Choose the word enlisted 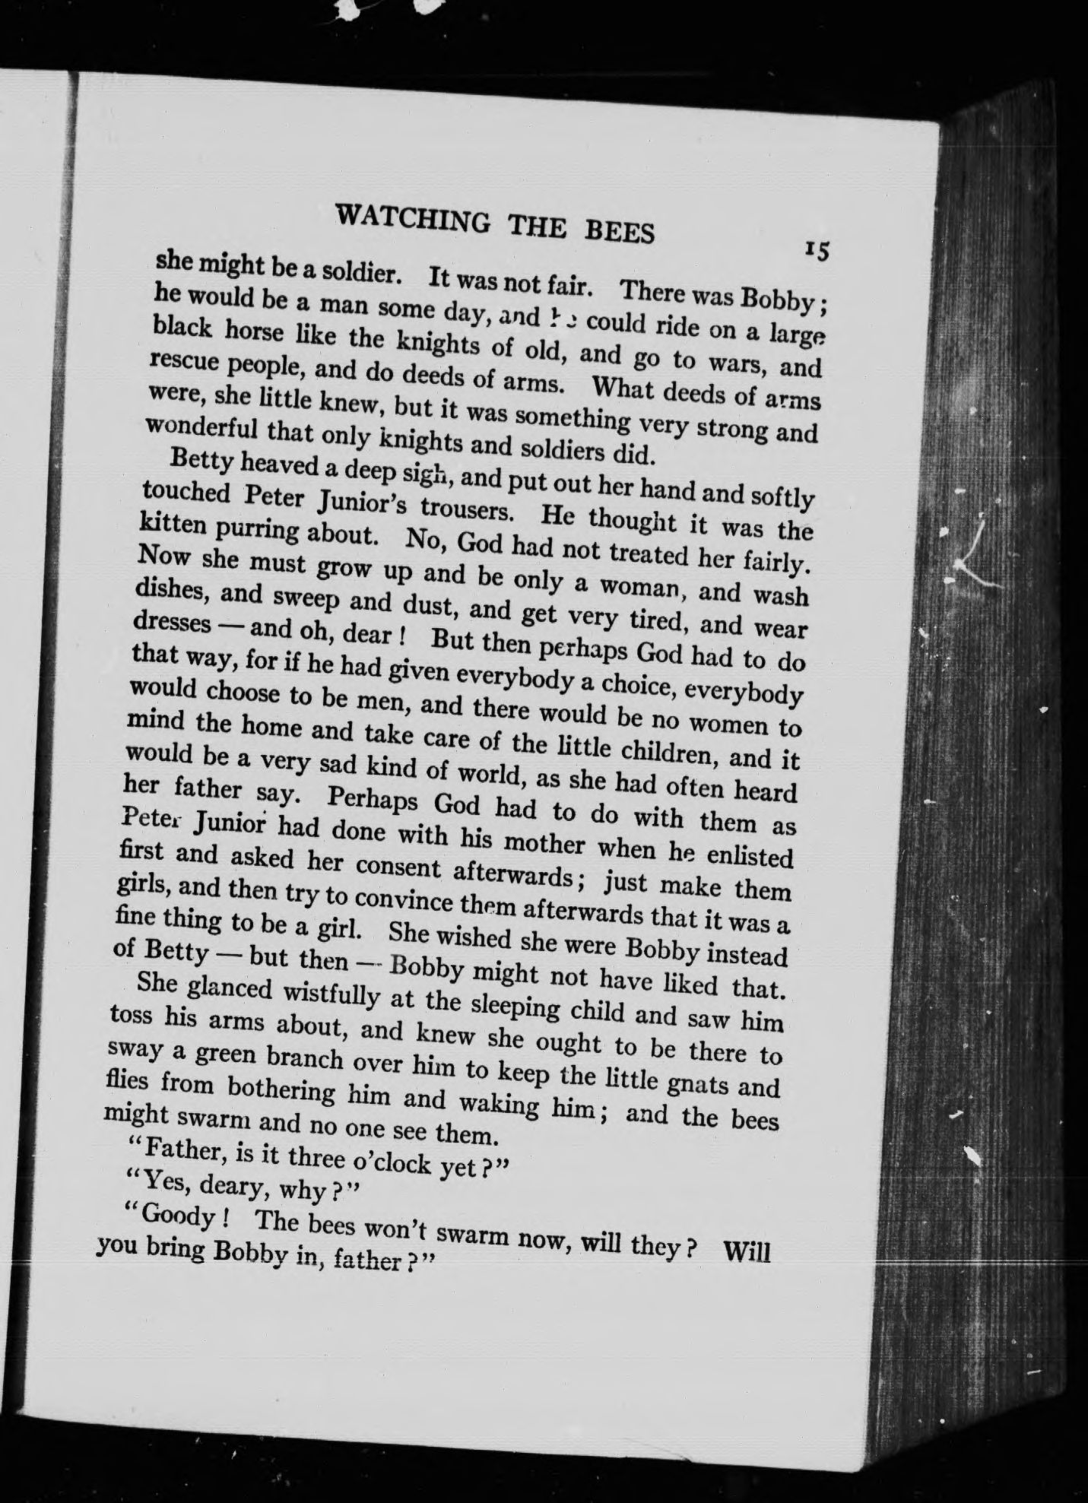[747, 856]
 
